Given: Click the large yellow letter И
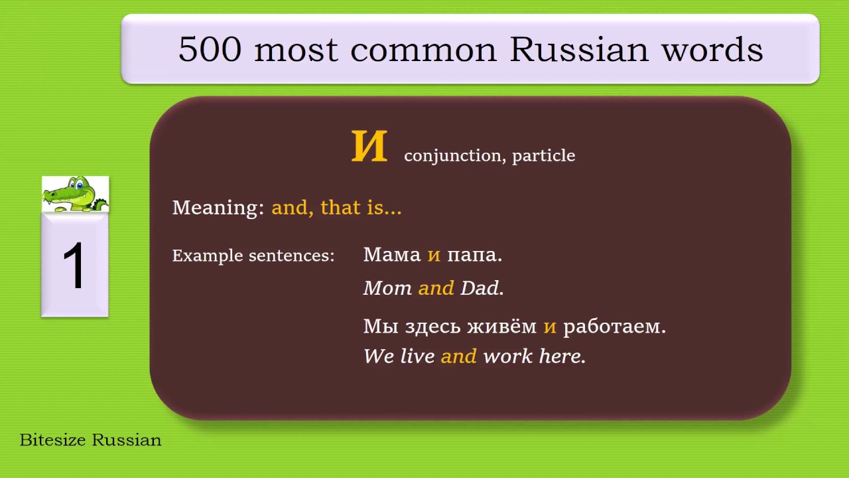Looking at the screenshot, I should [x=369, y=147].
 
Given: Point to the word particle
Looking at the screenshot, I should [x=543, y=156].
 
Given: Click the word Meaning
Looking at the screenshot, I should [x=218, y=208].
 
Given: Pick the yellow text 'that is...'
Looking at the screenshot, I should [x=361, y=208].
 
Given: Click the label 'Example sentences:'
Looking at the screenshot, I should [x=253, y=256].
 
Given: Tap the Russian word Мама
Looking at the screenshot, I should [x=392, y=255].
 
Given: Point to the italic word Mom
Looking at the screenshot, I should [x=387, y=288].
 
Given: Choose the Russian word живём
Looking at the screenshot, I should [x=501, y=327].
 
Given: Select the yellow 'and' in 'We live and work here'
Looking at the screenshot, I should [x=458, y=357].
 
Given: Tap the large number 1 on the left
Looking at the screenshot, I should [x=74, y=266].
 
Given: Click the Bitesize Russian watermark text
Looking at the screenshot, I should [x=91, y=440].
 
